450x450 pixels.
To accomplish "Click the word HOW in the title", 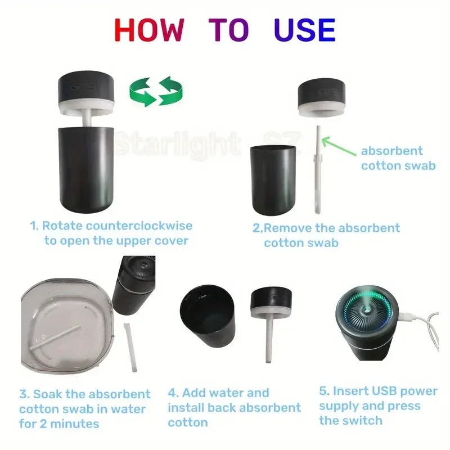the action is click(149, 30).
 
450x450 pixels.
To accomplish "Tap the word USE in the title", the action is click(304, 30).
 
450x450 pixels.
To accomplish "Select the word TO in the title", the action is click(228, 30).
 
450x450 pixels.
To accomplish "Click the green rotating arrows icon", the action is click(156, 91).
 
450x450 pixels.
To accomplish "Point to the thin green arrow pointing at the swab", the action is click(339, 146).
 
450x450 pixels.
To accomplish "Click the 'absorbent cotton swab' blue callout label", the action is click(398, 158).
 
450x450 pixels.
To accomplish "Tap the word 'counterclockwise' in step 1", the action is click(139, 226).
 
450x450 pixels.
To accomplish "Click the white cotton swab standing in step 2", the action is click(318, 169).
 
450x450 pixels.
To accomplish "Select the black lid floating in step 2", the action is click(321, 97).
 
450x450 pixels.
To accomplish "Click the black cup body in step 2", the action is click(273, 180).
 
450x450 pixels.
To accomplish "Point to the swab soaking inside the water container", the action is click(55, 338).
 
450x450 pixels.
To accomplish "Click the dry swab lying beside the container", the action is click(130, 346).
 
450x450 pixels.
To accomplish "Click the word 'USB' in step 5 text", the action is click(383, 391).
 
